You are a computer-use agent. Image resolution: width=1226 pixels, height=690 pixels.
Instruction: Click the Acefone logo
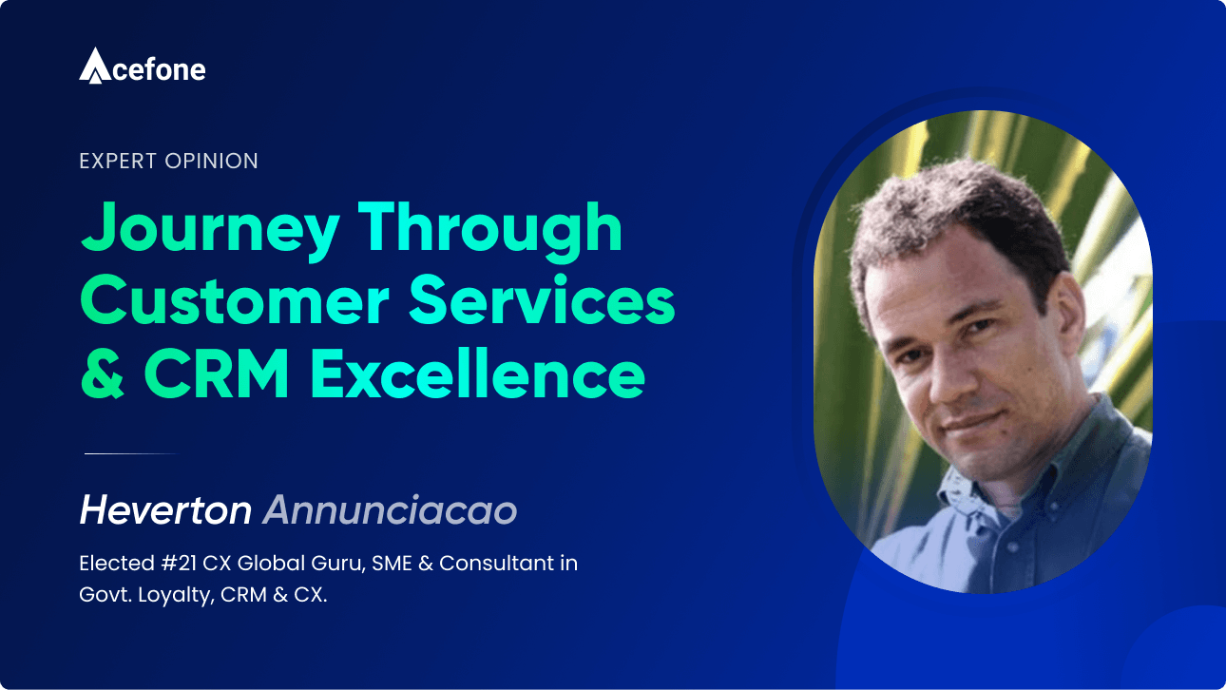[142, 67]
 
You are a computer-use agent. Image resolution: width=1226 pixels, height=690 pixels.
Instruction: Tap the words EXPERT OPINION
[169, 162]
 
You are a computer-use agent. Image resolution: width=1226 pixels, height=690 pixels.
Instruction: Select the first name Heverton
[165, 511]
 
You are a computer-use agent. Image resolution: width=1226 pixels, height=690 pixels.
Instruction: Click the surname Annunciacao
[390, 511]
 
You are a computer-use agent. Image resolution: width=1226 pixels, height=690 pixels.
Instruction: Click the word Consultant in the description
[498, 564]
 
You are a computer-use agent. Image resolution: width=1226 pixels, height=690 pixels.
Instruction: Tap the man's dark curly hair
[950, 209]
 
